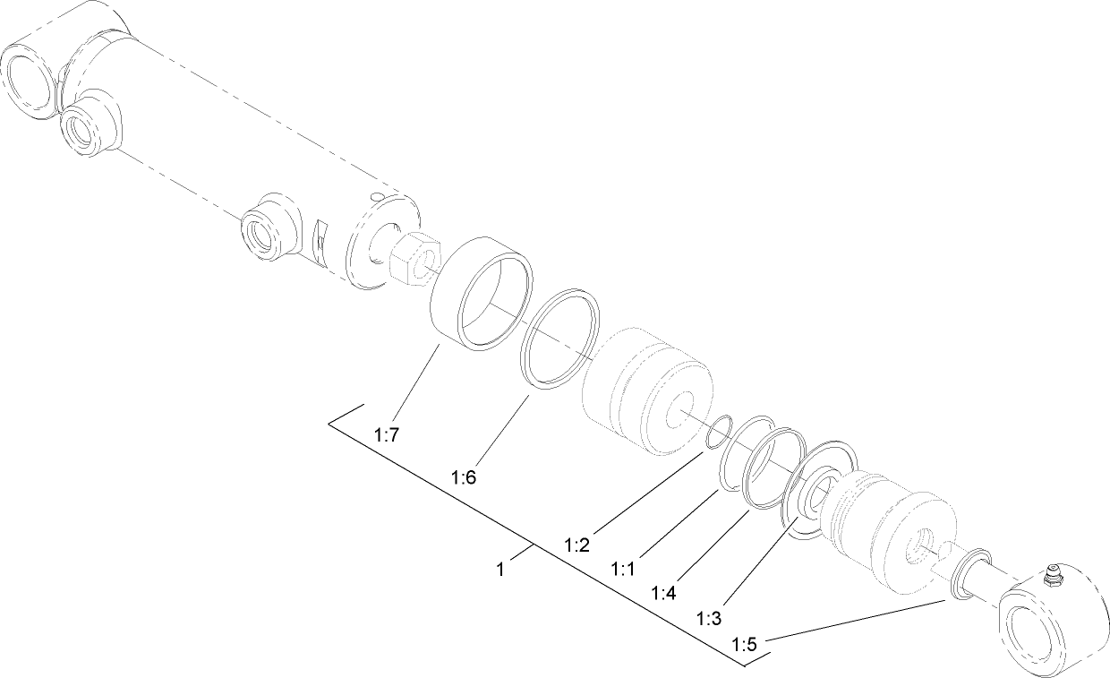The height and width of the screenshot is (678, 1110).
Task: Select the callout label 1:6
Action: [x=464, y=477]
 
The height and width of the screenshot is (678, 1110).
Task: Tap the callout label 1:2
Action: [x=576, y=544]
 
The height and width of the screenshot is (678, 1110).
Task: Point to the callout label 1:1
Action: [x=624, y=568]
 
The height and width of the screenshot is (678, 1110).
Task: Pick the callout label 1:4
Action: [x=665, y=593]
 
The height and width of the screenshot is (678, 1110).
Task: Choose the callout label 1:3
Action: [x=709, y=618]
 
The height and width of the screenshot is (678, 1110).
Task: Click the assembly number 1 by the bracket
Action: [x=501, y=569]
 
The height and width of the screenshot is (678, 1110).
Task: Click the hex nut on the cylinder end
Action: [x=413, y=257]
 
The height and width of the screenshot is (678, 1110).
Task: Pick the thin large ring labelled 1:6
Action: [x=560, y=339]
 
